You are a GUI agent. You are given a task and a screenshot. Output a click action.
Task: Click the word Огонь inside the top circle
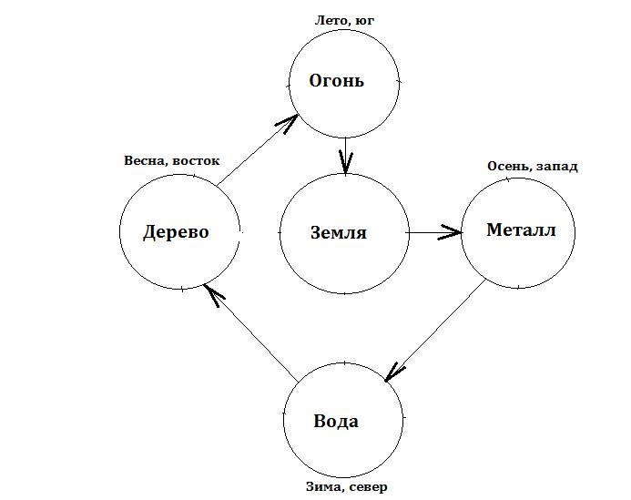pyautogui.click(x=337, y=81)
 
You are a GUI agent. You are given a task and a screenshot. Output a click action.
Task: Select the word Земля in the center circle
pyautogui.click(x=338, y=232)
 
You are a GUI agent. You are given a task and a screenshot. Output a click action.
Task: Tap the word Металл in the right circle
pyautogui.click(x=520, y=230)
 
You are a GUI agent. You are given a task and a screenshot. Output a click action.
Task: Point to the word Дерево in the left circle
pyautogui.click(x=176, y=232)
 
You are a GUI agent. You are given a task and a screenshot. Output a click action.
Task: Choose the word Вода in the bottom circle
pyautogui.click(x=336, y=422)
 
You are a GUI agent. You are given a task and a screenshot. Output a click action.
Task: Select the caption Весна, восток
pyautogui.click(x=172, y=160)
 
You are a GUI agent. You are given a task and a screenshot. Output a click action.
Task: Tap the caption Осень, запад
pyautogui.click(x=533, y=167)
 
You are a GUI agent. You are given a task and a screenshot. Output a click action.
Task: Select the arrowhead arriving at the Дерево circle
pyautogui.click(x=212, y=293)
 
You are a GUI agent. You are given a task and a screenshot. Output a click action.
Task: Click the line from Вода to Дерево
pyautogui.click(x=253, y=335)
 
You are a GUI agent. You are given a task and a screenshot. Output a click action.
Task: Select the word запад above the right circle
pyautogui.click(x=557, y=167)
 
